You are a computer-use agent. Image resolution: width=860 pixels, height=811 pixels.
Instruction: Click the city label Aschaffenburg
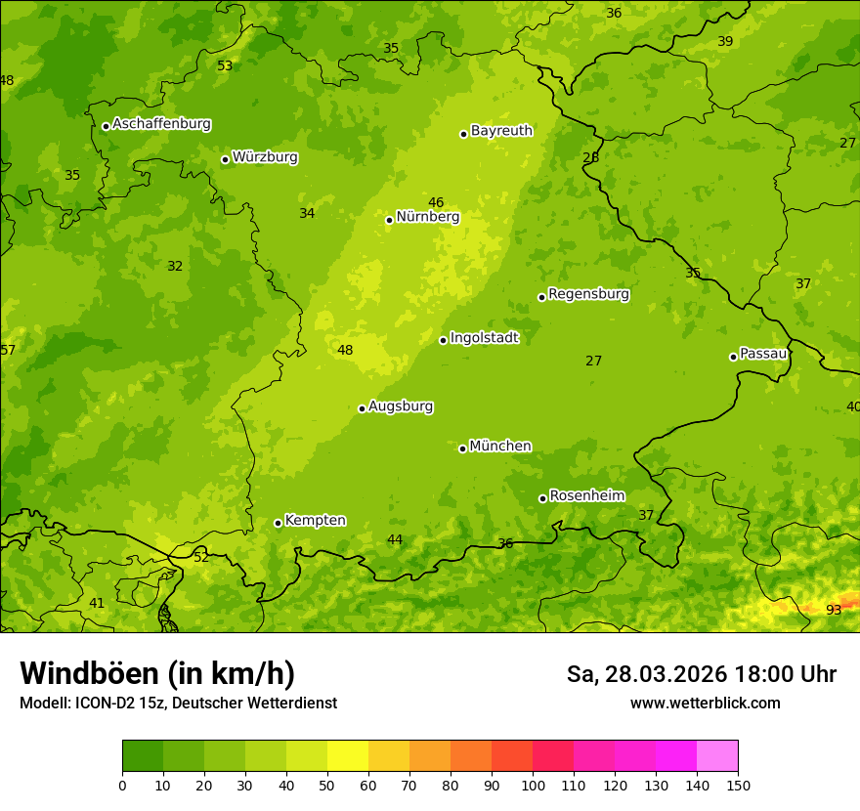tap(161, 124)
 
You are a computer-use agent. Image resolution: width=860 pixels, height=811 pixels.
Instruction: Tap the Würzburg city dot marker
tap(225, 159)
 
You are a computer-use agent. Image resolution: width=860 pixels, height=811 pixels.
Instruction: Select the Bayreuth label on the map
tap(501, 130)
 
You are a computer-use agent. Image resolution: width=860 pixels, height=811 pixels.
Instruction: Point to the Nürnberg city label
tap(427, 217)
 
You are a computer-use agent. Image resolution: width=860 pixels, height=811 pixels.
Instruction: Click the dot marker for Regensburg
tap(541, 297)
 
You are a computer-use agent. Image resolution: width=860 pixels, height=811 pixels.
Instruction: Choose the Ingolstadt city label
tap(484, 338)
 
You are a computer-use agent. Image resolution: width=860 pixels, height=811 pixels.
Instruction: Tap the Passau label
tap(763, 353)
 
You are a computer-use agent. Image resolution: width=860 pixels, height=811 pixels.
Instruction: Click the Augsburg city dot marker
tap(362, 408)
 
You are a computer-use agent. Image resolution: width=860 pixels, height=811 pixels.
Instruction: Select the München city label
tap(500, 446)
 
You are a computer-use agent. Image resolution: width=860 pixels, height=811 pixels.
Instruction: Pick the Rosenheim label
tap(586, 495)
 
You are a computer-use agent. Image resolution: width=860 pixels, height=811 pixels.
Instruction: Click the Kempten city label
tap(315, 520)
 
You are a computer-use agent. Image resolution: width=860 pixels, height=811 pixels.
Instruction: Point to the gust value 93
tap(834, 610)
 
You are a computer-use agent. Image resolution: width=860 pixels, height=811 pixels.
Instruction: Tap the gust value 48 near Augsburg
tap(345, 351)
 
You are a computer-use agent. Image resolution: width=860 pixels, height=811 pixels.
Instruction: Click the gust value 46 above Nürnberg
tap(436, 202)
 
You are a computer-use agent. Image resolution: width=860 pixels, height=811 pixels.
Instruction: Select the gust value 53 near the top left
tap(225, 65)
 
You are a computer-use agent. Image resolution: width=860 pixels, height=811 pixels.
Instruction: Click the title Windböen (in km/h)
tap(157, 673)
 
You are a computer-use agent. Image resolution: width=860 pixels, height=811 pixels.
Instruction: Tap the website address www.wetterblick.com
tap(705, 703)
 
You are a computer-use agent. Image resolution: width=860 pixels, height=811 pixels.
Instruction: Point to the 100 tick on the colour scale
tap(533, 785)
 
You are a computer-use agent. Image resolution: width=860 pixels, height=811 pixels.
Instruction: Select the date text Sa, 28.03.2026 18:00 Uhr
tap(701, 674)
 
